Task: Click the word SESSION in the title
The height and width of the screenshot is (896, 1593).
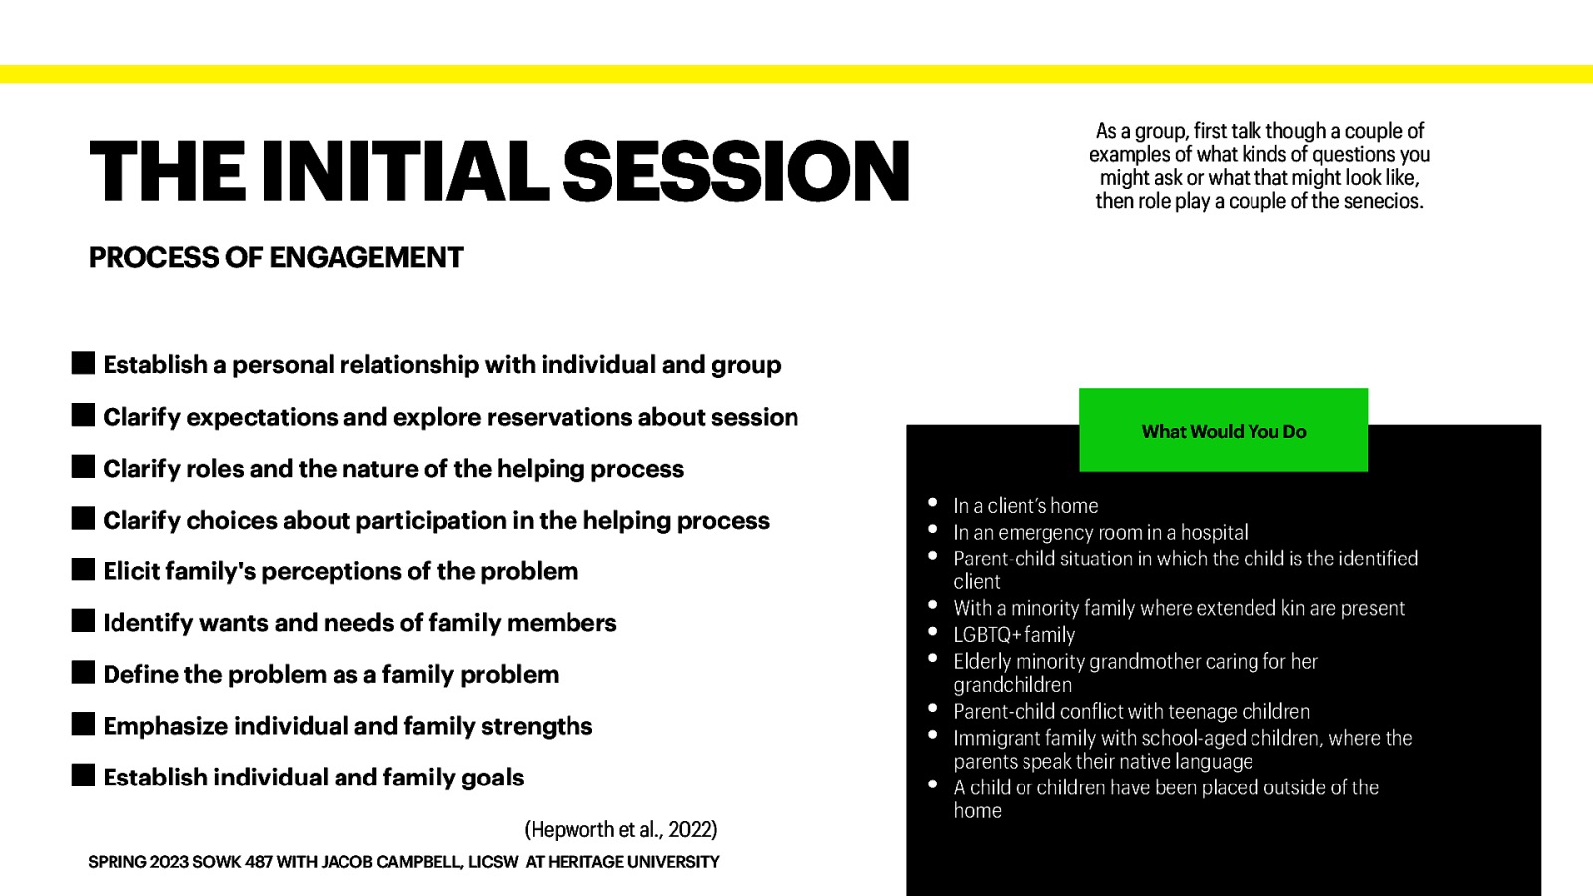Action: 736,171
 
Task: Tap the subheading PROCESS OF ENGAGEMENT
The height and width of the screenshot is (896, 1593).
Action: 276,258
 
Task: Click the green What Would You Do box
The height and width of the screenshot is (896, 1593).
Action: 1224,431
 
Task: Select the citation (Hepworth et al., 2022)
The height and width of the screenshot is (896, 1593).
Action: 620,829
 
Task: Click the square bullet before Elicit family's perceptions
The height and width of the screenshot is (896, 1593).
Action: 84,570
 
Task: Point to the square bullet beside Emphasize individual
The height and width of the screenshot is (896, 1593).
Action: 84,724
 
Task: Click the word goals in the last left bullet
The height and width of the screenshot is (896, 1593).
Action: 492,778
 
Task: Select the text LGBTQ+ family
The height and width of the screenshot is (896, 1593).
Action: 1014,635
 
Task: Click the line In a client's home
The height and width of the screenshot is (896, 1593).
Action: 1025,506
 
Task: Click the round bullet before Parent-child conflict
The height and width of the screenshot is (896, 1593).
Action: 933,709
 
